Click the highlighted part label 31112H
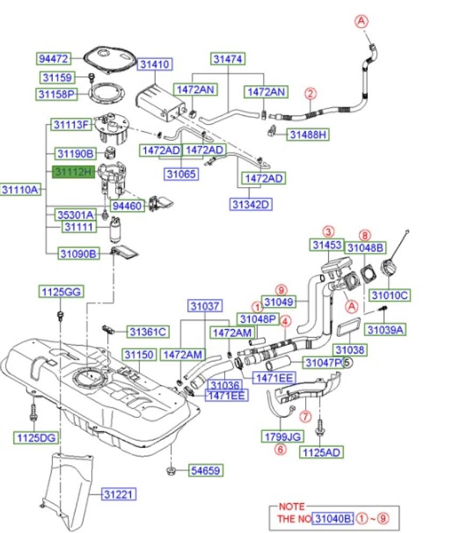click(73, 172)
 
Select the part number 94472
click(53, 59)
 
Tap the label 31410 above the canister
click(155, 64)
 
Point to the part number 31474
click(228, 59)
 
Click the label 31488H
click(308, 135)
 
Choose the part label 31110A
click(20, 189)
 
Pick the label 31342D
click(251, 204)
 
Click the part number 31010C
click(390, 295)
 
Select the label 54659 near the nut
click(205, 471)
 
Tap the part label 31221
click(118, 494)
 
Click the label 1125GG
click(61, 292)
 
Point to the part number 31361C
click(148, 332)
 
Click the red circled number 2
click(311, 93)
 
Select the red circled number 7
click(306, 416)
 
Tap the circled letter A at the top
click(361, 21)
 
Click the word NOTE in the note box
click(292, 506)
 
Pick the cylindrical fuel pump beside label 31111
click(115, 230)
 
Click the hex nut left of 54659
click(171, 471)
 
